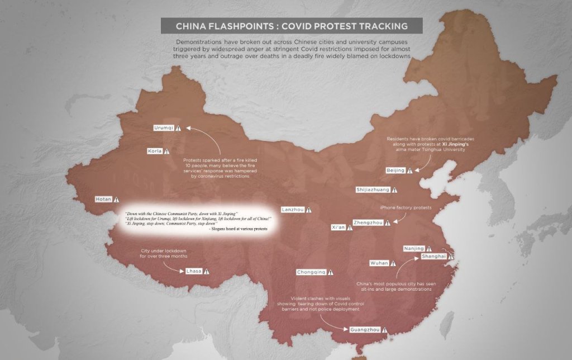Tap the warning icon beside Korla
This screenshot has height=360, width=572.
coord(166,151)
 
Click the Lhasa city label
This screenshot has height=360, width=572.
coord(193,271)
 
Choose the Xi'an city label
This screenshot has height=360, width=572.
coord(339,228)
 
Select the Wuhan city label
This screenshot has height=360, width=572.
coord(379,263)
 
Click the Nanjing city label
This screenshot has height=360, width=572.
coord(414,248)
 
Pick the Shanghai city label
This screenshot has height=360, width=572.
coord(434,256)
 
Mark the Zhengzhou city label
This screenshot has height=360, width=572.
coord(368,222)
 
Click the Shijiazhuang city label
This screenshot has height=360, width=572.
coord(373,190)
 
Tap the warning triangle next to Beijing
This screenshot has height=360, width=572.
coord(410,170)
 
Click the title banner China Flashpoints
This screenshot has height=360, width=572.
coord(292,26)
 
